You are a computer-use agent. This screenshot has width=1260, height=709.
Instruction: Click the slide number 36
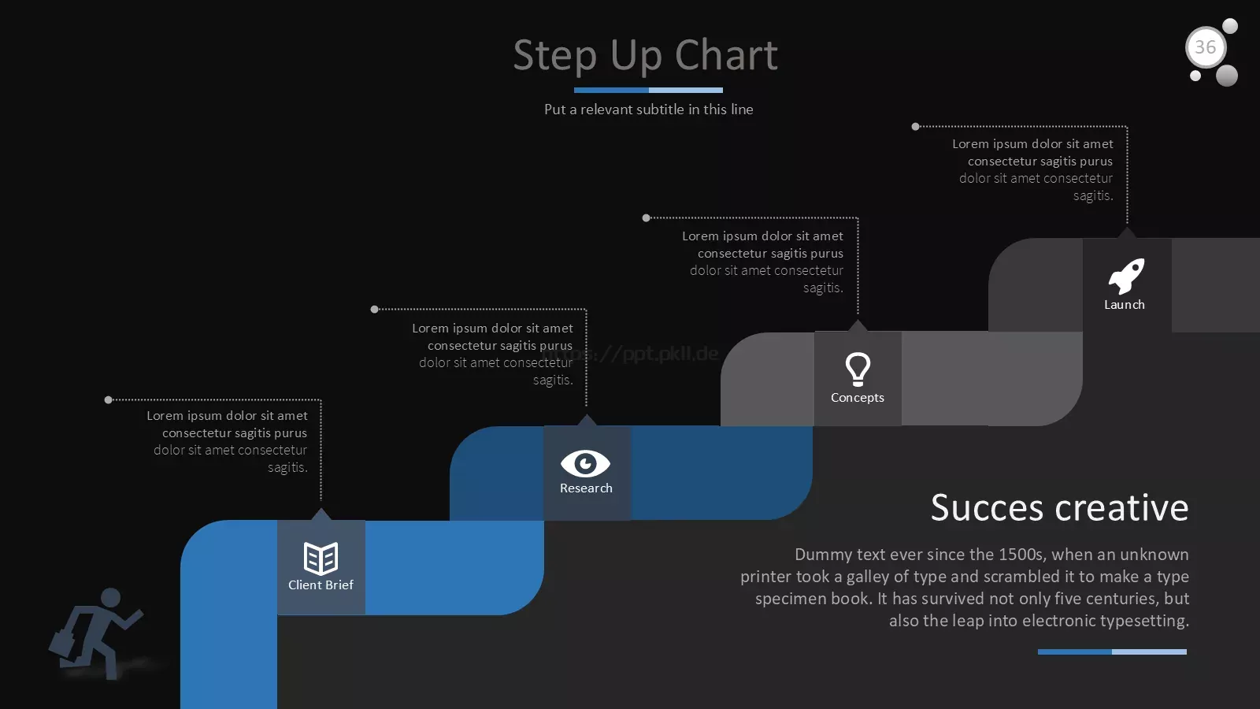click(x=1205, y=47)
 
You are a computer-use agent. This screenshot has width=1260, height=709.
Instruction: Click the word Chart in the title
click(x=726, y=56)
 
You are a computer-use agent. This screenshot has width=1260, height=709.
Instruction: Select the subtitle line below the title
click(x=649, y=110)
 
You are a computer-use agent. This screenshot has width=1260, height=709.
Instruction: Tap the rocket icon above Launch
click(x=1126, y=276)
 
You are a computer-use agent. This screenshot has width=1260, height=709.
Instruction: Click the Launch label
click(x=1125, y=304)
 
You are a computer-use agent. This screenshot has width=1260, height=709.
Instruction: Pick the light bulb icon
click(x=858, y=369)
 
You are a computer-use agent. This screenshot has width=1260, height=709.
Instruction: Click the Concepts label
click(x=858, y=397)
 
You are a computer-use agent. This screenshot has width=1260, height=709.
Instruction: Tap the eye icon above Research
click(x=586, y=464)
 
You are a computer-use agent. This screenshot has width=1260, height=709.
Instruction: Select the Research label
click(x=586, y=488)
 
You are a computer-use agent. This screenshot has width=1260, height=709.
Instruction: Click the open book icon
click(x=321, y=559)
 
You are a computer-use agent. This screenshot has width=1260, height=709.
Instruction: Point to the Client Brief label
click(x=321, y=585)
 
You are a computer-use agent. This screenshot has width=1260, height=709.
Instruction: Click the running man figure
click(x=96, y=633)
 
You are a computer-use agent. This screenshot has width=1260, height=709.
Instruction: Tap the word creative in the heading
click(x=1121, y=507)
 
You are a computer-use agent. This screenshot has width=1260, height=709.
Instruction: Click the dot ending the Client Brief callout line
click(x=109, y=400)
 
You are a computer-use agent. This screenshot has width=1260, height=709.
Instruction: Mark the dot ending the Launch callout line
click(x=915, y=127)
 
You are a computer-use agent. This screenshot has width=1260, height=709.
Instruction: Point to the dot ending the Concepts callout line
click(x=647, y=217)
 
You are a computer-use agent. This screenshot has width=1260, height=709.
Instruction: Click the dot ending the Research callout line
click(x=375, y=310)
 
